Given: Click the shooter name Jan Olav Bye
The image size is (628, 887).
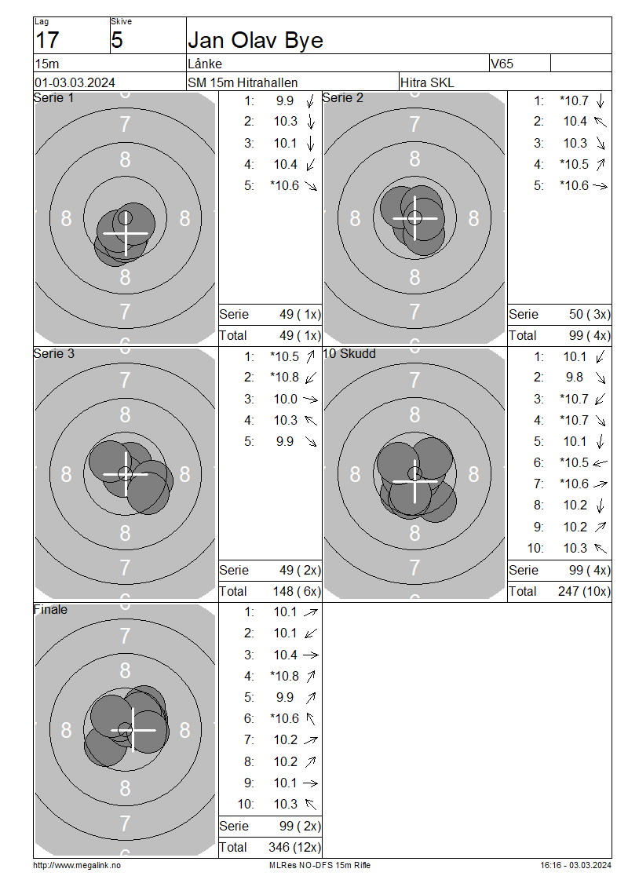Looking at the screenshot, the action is click(255, 41).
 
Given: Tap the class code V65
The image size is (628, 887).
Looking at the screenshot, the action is click(502, 64).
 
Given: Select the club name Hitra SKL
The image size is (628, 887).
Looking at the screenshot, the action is click(427, 82).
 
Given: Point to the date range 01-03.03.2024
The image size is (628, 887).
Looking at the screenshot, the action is click(75, 82).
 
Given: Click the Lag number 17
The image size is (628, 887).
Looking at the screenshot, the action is click(47, 40).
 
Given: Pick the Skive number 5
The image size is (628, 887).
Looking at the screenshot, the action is click(117, 40).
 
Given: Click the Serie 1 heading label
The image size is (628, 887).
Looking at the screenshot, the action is click(53, 98).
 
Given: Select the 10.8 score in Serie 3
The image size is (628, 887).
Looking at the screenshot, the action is click(285, 378).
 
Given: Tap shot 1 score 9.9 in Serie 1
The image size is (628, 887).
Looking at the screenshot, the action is click(285, 100).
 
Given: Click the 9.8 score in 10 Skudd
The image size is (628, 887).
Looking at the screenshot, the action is click(575, 378).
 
